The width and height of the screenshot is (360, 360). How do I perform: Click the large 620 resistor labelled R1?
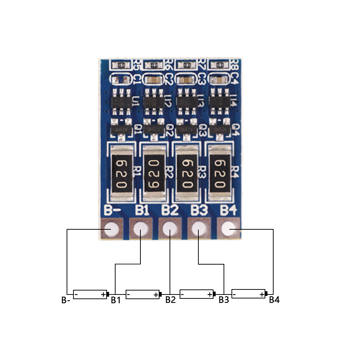tap(121, 173)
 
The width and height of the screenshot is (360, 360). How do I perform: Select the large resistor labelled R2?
tap(154, 173)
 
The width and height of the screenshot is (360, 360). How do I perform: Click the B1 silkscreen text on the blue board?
tap(143, 210)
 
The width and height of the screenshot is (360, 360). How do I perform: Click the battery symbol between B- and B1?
tap(90, 294)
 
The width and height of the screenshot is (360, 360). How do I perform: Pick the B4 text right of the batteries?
tap(274, 300)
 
